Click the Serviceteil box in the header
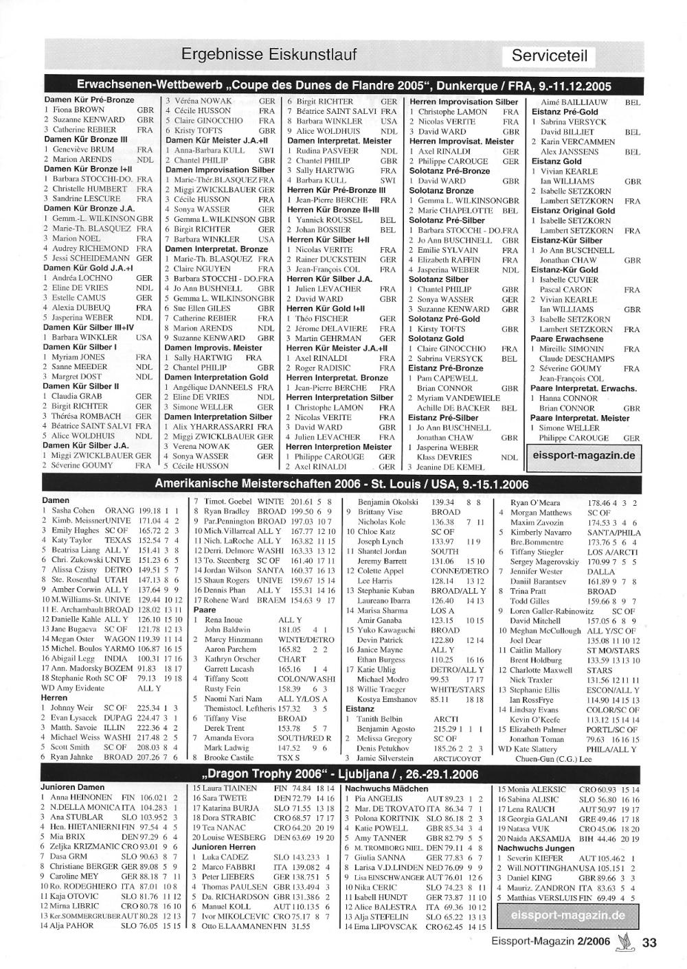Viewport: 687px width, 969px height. (549, 56)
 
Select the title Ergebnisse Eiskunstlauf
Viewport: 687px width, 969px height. (269, 54)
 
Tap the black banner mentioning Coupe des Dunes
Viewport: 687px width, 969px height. (343, 86)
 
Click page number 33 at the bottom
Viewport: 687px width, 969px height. (649, 942)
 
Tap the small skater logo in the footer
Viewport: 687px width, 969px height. (624, 941)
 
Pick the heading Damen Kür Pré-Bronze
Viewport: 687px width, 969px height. (89, 100)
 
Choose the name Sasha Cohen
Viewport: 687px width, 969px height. (74, 511)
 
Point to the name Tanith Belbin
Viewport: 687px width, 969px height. (379, 719)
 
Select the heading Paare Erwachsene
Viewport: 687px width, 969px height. (567, 339)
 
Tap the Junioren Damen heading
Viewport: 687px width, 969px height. (73, 787)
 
